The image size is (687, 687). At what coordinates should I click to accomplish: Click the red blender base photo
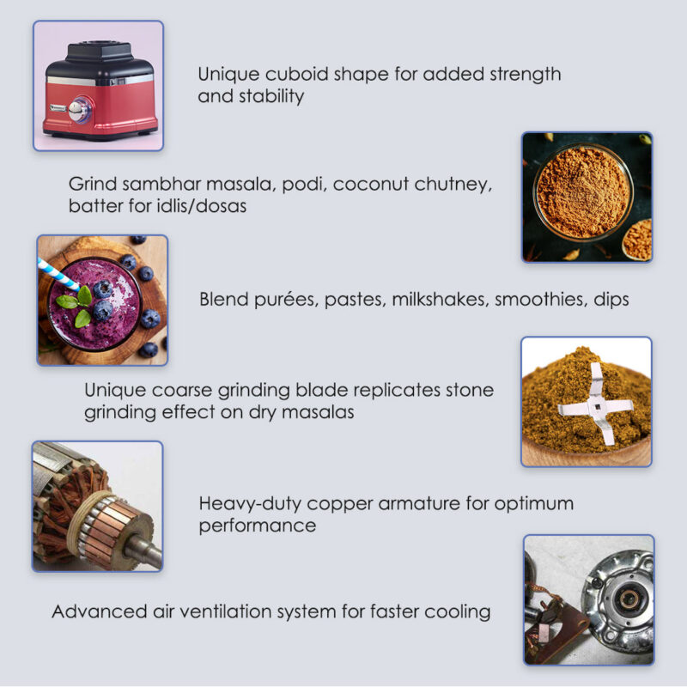(x=99, y=86)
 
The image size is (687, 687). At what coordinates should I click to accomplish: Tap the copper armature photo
(x=97, y=507)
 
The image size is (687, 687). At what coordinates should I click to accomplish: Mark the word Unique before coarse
(x=112, y=390)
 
